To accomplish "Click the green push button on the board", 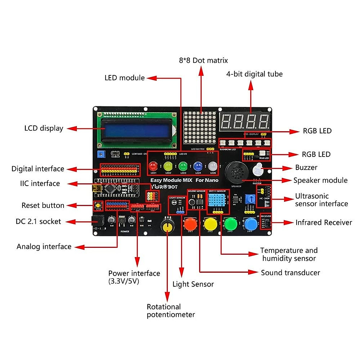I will [230, 223].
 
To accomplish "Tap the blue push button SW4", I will [250, 223].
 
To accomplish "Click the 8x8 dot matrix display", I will [200, 128].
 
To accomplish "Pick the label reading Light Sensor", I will [193, 284].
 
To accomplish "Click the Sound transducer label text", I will [290, 273].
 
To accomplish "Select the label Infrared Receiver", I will [323, 223].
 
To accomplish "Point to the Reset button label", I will [43, 205].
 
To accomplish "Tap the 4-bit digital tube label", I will [254, 74].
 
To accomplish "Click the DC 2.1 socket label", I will [38, 222].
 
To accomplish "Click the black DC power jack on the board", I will [97, 221].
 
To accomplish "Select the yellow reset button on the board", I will [98, 205].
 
